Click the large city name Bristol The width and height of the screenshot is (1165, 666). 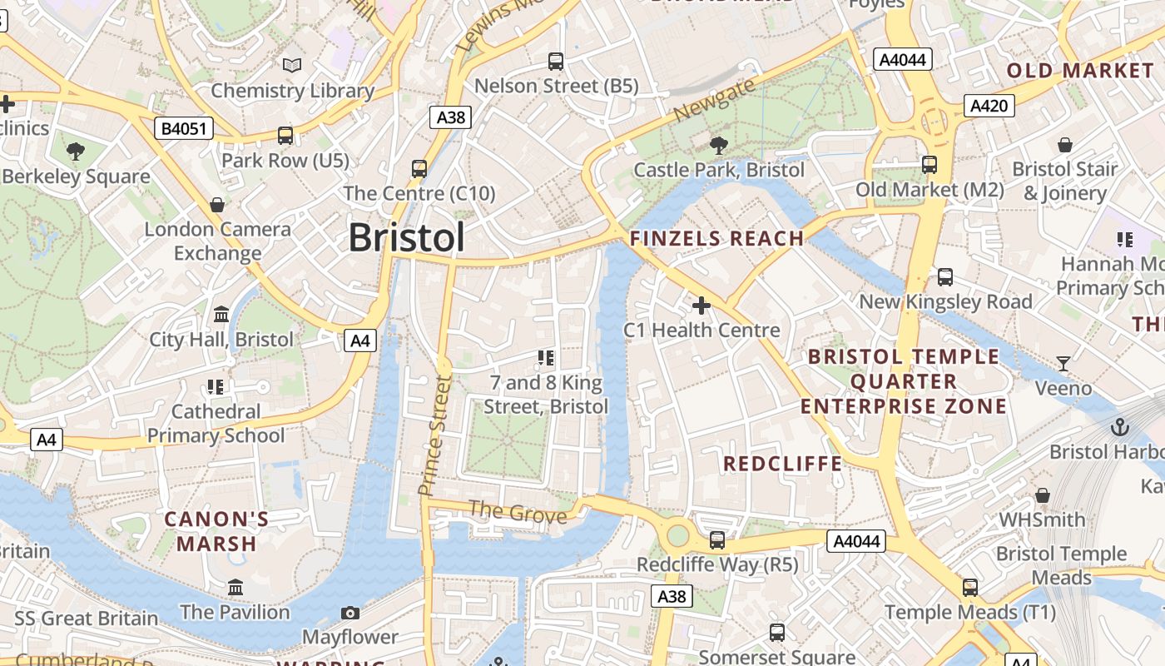click(406, 237)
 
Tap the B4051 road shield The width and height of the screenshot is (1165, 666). click(184, 128)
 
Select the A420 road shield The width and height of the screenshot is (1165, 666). click(989, 105)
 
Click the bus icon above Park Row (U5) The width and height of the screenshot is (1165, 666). click(285, 135)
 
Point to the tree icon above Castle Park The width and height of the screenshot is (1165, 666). click(718, 146)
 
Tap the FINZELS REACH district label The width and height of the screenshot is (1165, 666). click(716, 239)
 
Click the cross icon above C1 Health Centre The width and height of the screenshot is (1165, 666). click(701, 306)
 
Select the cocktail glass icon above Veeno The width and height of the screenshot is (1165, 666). click(1063, 363)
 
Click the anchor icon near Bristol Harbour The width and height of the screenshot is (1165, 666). click(1120, 428)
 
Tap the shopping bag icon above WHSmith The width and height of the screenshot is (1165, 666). click(1042, 495)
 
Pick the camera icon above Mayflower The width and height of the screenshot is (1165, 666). click(350, 613)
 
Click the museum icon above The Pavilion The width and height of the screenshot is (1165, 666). click(235, 588)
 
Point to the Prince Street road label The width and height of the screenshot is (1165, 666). click(435, 435)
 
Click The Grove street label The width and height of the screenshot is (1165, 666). click(517, 511)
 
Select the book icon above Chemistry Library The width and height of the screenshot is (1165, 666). click(292, 65)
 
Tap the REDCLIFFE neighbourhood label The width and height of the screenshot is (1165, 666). click(782, 464)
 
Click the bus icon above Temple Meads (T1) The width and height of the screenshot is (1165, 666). click(969, 588)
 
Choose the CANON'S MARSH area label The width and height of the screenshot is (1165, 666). click(216, 531)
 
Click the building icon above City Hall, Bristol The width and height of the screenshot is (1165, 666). click(221, 315)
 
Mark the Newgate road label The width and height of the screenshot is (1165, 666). click(715, 100)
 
